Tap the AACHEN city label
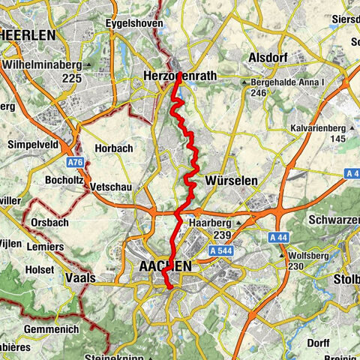[165, 266]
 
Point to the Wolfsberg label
[309, 255]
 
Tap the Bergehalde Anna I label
[286, 80]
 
